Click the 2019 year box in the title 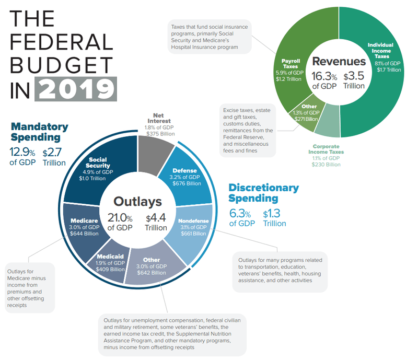coord(75,89)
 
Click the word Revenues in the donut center coord(339,61)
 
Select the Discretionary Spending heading coord(263,193)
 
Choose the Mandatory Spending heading coord(39,132)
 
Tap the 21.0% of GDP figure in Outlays coord(120,222)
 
